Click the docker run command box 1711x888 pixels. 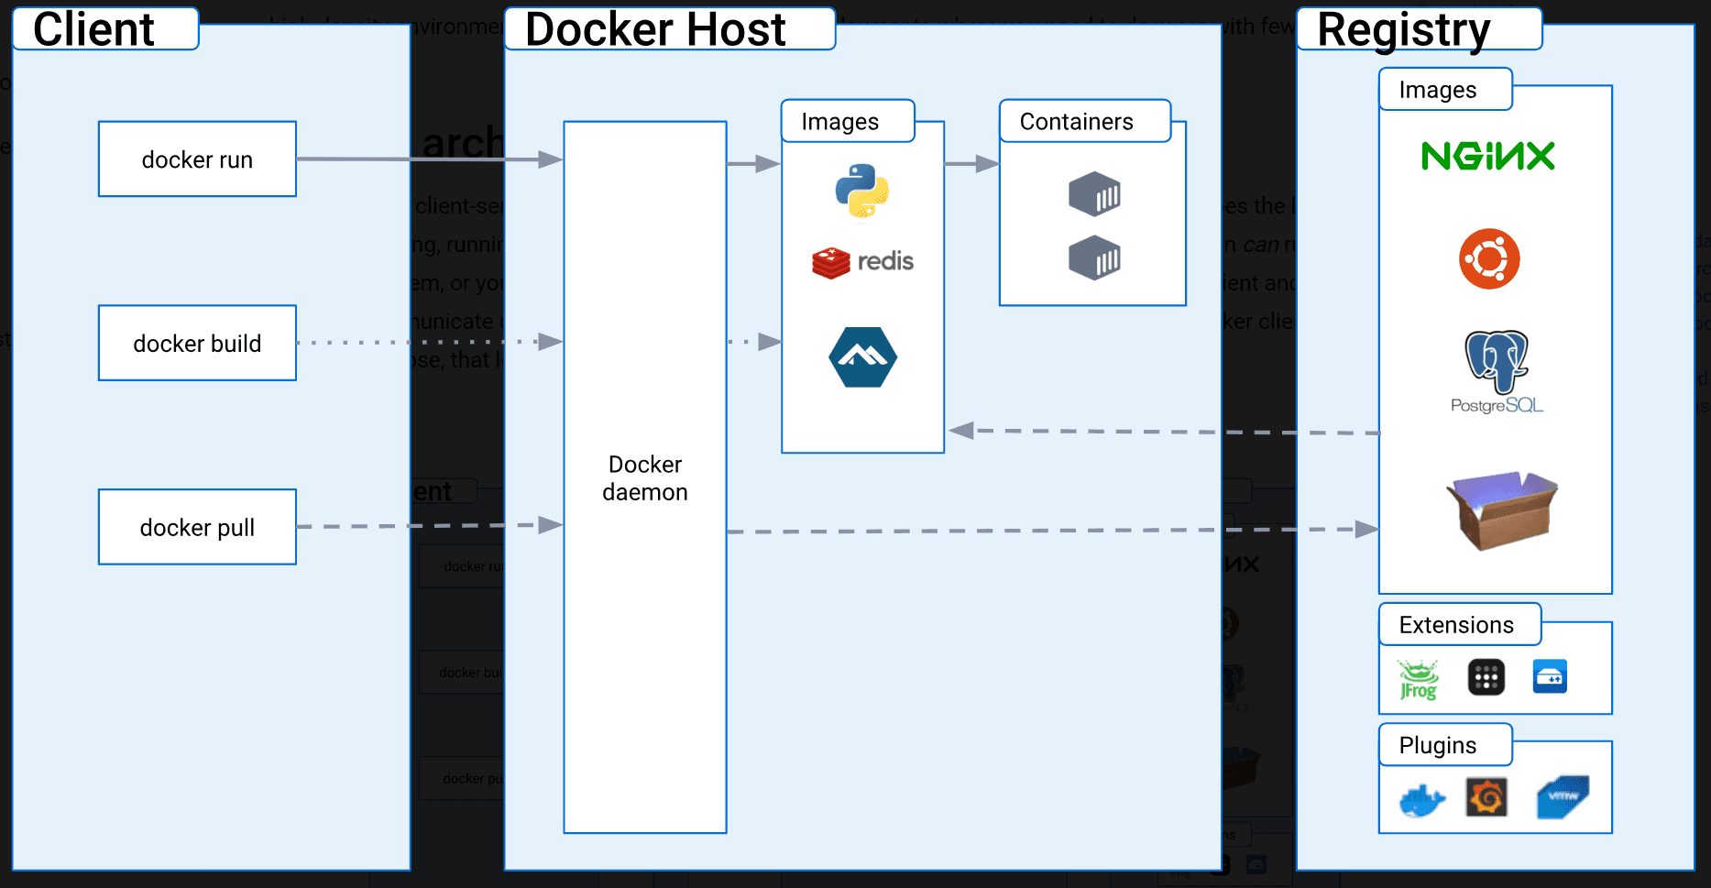[x=197, y=159]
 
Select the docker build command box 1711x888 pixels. [x=197, y=343]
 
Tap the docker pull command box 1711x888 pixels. [x=197, y=527]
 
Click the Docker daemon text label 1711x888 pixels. [x=645, y=477]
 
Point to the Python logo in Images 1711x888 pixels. [x=861, y=192]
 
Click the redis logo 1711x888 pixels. [x=862, y=262]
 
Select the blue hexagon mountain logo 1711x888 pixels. [x=862, y=356]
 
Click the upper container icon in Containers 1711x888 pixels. [x=1094, y=194]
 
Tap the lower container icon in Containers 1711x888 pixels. [x=1094, y=258]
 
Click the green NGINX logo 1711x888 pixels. [x=1487, y=156]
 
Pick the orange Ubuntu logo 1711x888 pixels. [x=1489, y=258]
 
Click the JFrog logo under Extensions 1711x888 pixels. [x=1418, y=679]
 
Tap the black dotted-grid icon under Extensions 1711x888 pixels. [x=1486, y=678]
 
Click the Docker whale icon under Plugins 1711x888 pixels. [x=1421, y=800]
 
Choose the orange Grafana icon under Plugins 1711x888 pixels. [x=1486, y=797]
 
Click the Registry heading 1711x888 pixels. [x=1403, y=29]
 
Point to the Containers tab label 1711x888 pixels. [x=1076, y=122]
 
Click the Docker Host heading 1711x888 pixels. [x=655, y=29]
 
